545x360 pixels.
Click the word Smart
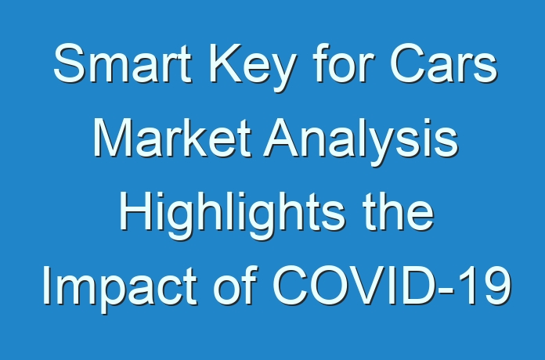click(x=122, y=63)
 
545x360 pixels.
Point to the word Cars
click(x=444, y=63)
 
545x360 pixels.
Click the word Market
click(x=172, y=138)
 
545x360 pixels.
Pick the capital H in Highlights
click(x=135, y=211)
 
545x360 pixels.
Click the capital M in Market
click(x=113, y=138)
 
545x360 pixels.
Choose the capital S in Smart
click(x=69, y=63)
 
